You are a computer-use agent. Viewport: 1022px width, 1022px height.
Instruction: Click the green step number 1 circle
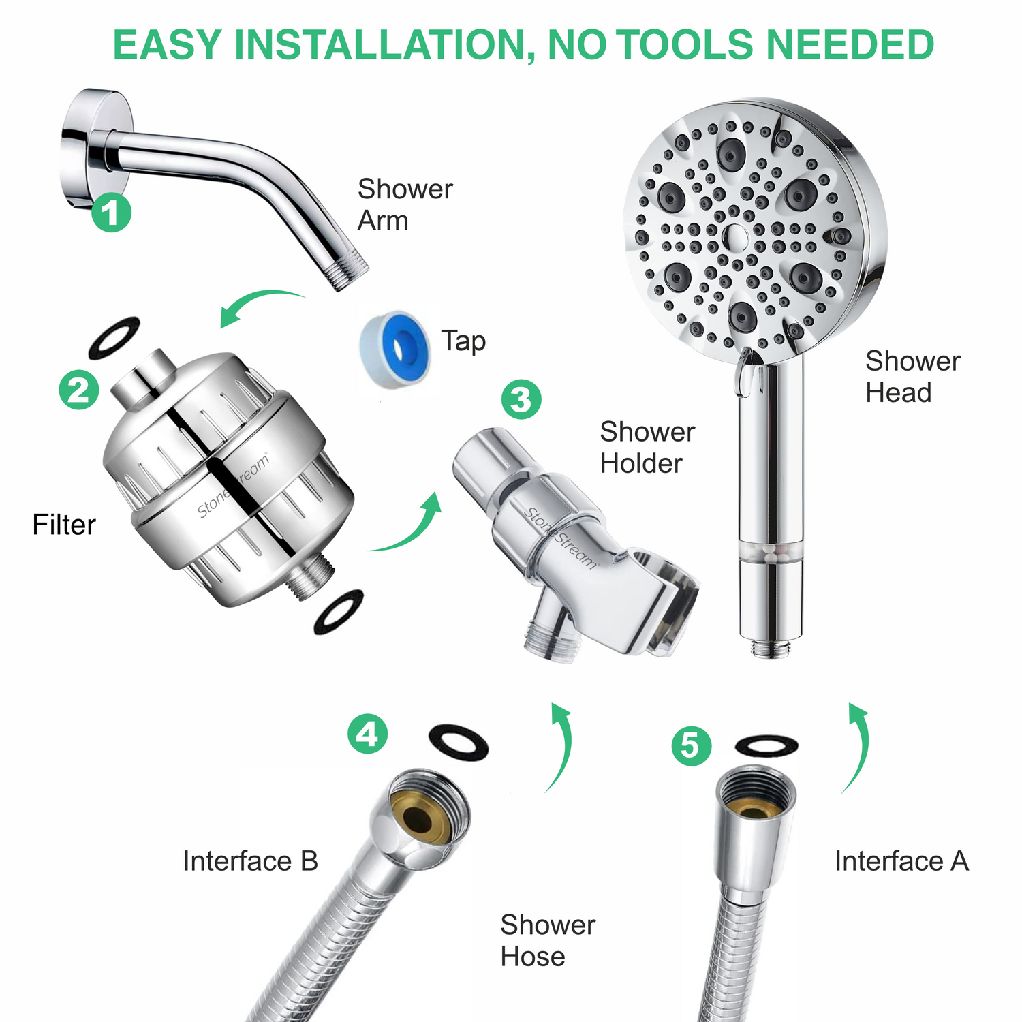coord(111,212)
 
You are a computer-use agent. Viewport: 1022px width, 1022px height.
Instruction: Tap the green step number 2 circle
coord(79,390)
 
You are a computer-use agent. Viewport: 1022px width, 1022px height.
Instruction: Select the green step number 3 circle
coord(521,399)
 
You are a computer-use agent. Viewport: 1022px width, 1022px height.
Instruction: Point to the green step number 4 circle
coord(367,734)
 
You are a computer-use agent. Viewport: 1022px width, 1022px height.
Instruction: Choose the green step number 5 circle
coord(691,745)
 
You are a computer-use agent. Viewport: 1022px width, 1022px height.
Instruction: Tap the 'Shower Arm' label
coord(405,204)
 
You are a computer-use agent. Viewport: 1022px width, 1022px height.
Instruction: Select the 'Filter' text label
coord(64,525)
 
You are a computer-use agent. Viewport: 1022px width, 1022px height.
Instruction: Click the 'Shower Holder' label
coord(647,448)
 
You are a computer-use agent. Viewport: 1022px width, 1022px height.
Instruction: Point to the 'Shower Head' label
coord(912,377)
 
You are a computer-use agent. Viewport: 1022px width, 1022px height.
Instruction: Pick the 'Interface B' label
coord(250,861)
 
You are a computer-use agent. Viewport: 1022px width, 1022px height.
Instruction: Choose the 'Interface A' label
coord(901,861)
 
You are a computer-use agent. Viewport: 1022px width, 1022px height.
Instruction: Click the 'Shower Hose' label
coord(547,941)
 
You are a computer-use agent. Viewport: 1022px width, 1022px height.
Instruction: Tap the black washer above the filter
coord(114,338)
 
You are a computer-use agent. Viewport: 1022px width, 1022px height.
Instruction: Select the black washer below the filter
coord(339,611)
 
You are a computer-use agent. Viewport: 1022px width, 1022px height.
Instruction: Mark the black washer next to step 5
coord(766,745)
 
